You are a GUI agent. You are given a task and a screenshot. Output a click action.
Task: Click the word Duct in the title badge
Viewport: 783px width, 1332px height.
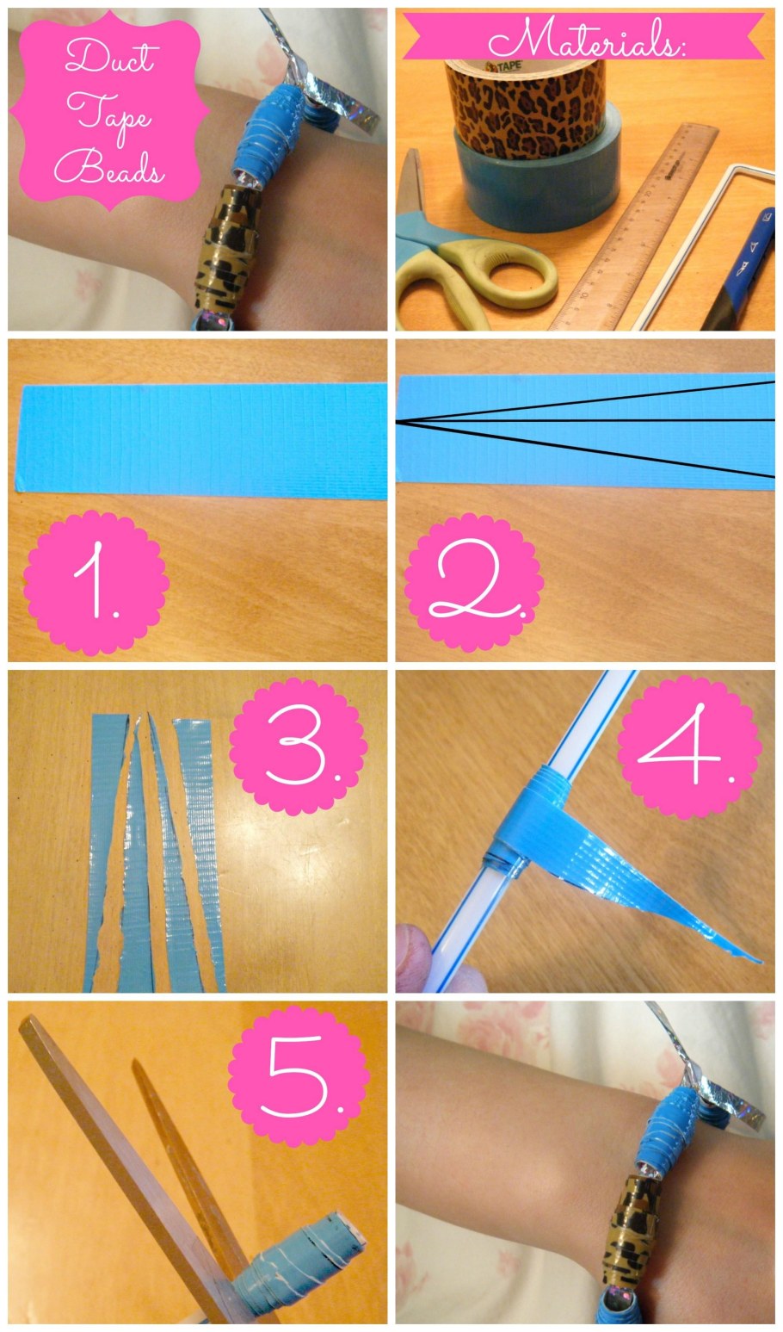110,57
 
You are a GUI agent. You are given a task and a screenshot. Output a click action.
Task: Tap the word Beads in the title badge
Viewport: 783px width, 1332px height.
108,167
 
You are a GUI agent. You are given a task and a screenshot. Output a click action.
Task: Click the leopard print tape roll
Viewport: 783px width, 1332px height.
526,106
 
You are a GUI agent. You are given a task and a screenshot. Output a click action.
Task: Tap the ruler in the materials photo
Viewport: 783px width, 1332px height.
636,226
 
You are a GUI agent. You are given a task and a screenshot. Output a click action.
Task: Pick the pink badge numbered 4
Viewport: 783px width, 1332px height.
689,747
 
